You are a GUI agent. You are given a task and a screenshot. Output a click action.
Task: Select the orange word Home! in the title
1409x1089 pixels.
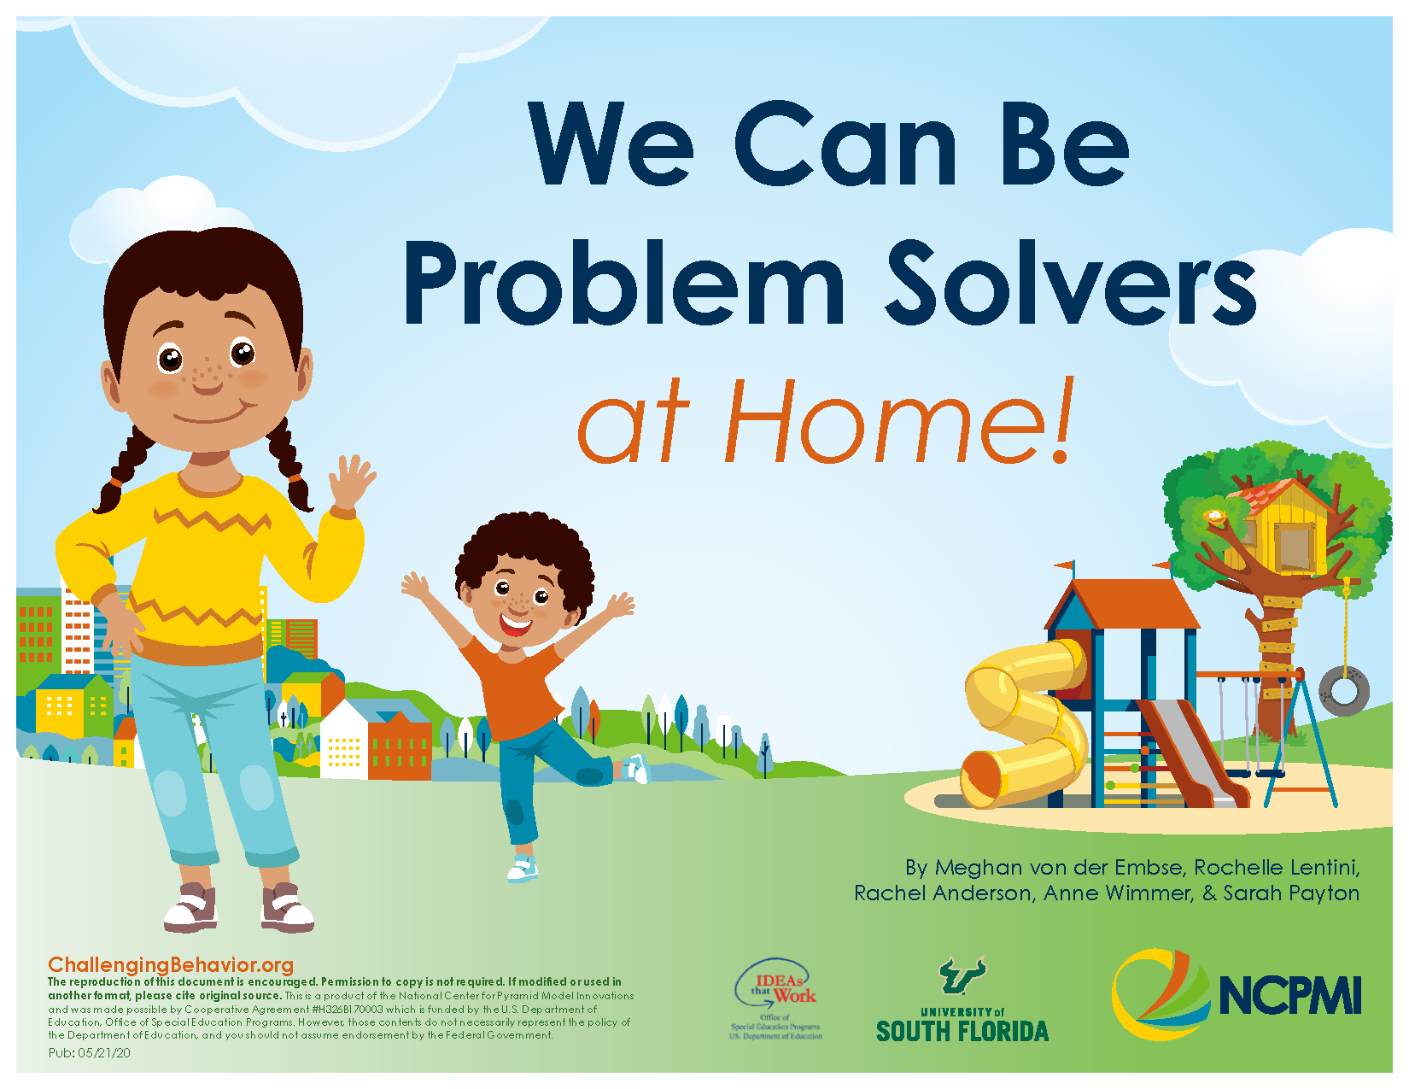click(x=897, y=423)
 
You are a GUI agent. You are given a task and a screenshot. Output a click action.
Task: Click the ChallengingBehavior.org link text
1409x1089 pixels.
click(x=171, y=965)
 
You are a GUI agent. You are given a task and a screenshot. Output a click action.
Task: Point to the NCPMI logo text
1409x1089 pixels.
click(x=1289, y=996)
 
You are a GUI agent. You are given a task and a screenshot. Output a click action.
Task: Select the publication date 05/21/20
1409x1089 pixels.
click(x=103, y=1053)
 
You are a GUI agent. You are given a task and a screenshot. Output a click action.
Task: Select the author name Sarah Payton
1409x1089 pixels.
click(x=1291, y=893)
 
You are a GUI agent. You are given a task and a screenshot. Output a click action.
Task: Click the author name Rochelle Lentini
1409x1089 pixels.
click(x=1276, y=868)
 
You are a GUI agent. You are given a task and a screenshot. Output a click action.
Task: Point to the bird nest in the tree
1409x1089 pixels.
click(x=1213, y=516)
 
